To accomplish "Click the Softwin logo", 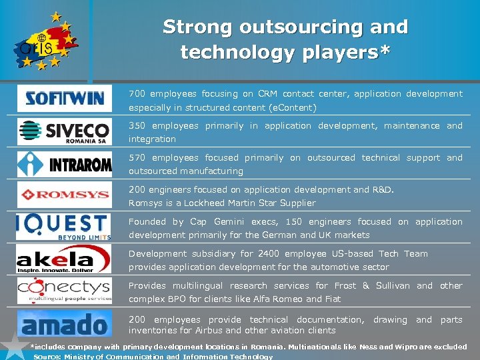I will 65,99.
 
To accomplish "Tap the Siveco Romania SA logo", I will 65,131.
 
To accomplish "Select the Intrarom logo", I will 65,163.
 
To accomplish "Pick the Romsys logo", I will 65,195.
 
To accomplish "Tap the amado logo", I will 65,324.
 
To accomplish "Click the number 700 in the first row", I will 137,94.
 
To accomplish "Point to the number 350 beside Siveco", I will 137,126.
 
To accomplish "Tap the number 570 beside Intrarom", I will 137,158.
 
